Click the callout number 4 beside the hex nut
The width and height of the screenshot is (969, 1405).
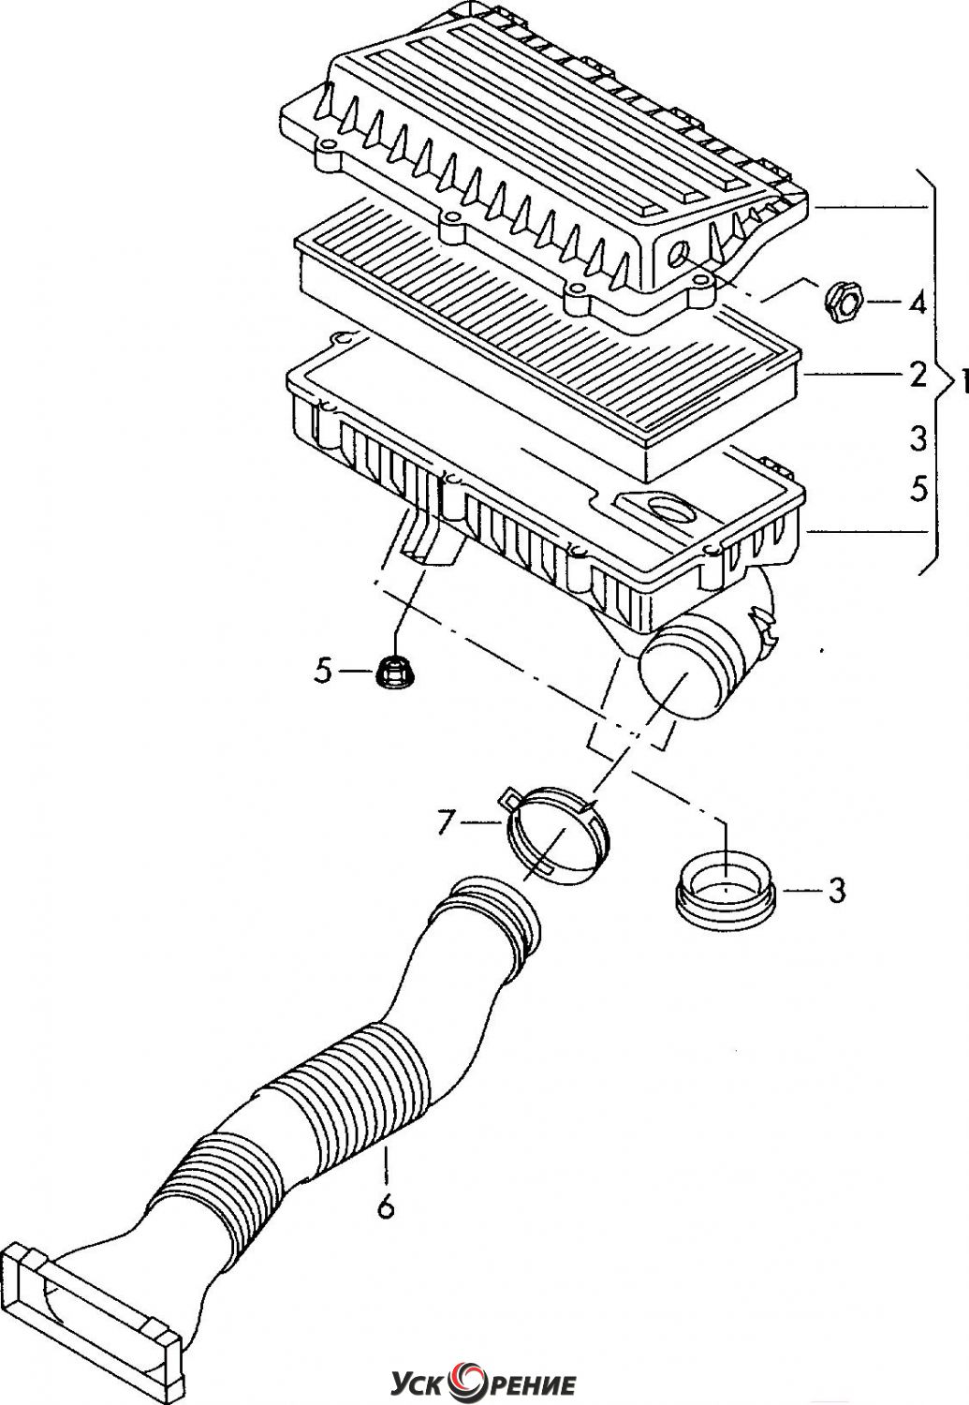click(916, 303)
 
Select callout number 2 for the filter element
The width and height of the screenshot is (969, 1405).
click(918, 375)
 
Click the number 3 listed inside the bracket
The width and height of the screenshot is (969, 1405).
click(918, 438)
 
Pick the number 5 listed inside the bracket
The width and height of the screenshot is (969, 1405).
click(918, 488)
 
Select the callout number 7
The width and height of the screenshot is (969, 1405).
click(445, 822)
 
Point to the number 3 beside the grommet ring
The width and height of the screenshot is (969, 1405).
click(837, 890)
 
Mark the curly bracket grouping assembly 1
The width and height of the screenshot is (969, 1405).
click(939, 373)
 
